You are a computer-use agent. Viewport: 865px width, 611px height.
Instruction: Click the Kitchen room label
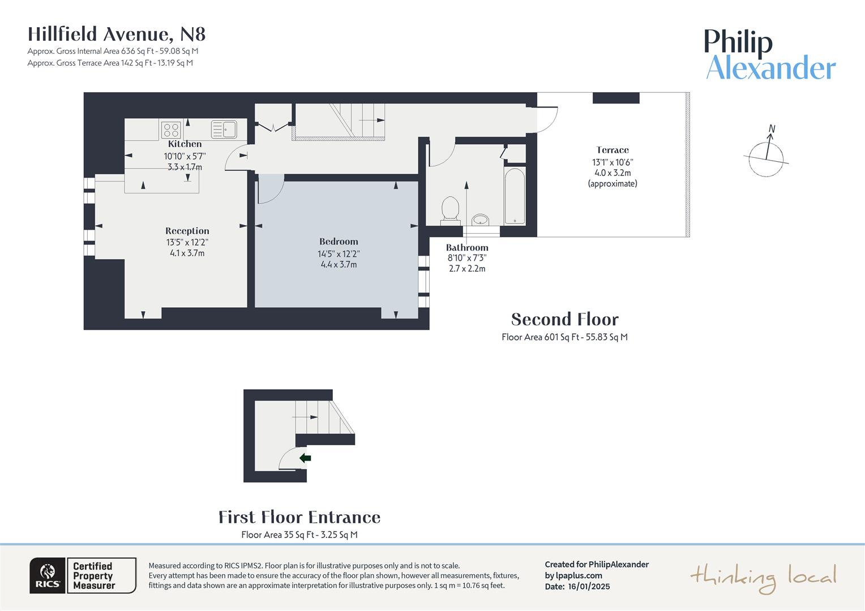click(185, 144)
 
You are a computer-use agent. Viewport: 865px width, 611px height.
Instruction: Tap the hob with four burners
click(171, 130)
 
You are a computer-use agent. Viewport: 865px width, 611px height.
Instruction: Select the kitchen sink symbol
click(224, 130)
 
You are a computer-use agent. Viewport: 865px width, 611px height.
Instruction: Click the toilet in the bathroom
click(450, 209)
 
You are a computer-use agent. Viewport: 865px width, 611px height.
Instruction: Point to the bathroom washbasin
click(481, 220)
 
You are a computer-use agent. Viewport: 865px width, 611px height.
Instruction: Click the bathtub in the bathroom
click(515, 196)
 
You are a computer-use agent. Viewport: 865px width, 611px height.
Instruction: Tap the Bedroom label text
click(339, 242)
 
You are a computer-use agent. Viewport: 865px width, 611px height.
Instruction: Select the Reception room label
click(187, 231)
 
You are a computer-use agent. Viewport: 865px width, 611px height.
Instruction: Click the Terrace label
click(613, 150)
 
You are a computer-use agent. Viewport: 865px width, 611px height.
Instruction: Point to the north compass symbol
click(766, 156)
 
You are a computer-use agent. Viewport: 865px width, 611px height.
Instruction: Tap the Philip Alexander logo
click(770, 55)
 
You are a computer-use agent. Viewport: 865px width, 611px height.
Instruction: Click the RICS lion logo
click(48, 575)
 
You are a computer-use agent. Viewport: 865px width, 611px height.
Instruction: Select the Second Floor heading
click(564, 320)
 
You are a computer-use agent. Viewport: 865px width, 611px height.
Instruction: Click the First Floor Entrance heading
click(299, 517)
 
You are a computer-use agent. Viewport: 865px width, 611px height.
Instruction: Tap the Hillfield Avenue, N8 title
click(117, 35)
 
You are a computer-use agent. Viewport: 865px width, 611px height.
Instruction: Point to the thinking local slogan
click(763, 577)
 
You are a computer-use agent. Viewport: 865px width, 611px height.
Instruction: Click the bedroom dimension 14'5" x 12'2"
click(339, 254)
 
